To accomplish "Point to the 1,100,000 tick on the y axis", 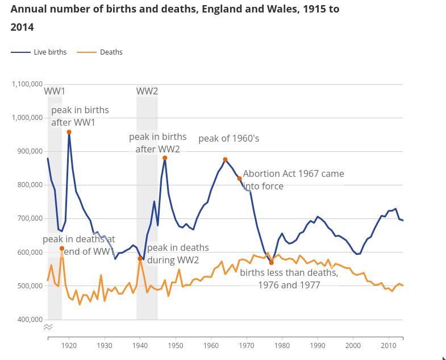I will pyautogui.click(x=27, y=84).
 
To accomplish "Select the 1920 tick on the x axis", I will pyautogui.click(x=69, y=346).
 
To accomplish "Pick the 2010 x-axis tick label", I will pyautogui.click(x=389, y=346).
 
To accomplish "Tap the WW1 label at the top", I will pyautogui.click(x=55, y=91).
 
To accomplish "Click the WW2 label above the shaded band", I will pyautogui.click(x=147, y=91).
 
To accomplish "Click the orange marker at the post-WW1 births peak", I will pyautogui.click(x=69, y=133).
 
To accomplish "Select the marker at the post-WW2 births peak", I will pyautogui.click(x=165, y=158).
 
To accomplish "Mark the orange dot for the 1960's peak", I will pyautogui.click(x=226, y=160).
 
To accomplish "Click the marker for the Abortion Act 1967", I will pyautogui.click(x=240, y=179).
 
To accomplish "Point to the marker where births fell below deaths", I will pyautogui.click(x=272, y=263).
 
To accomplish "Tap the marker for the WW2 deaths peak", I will pyautogui.click(x=140, y=259).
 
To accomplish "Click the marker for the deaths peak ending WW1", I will pyautogui.click(x=62, y=249).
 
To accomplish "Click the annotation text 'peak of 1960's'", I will pyautogui.click(x=228, y=139).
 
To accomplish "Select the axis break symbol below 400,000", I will pyautogui.click(x=48, y=327).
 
